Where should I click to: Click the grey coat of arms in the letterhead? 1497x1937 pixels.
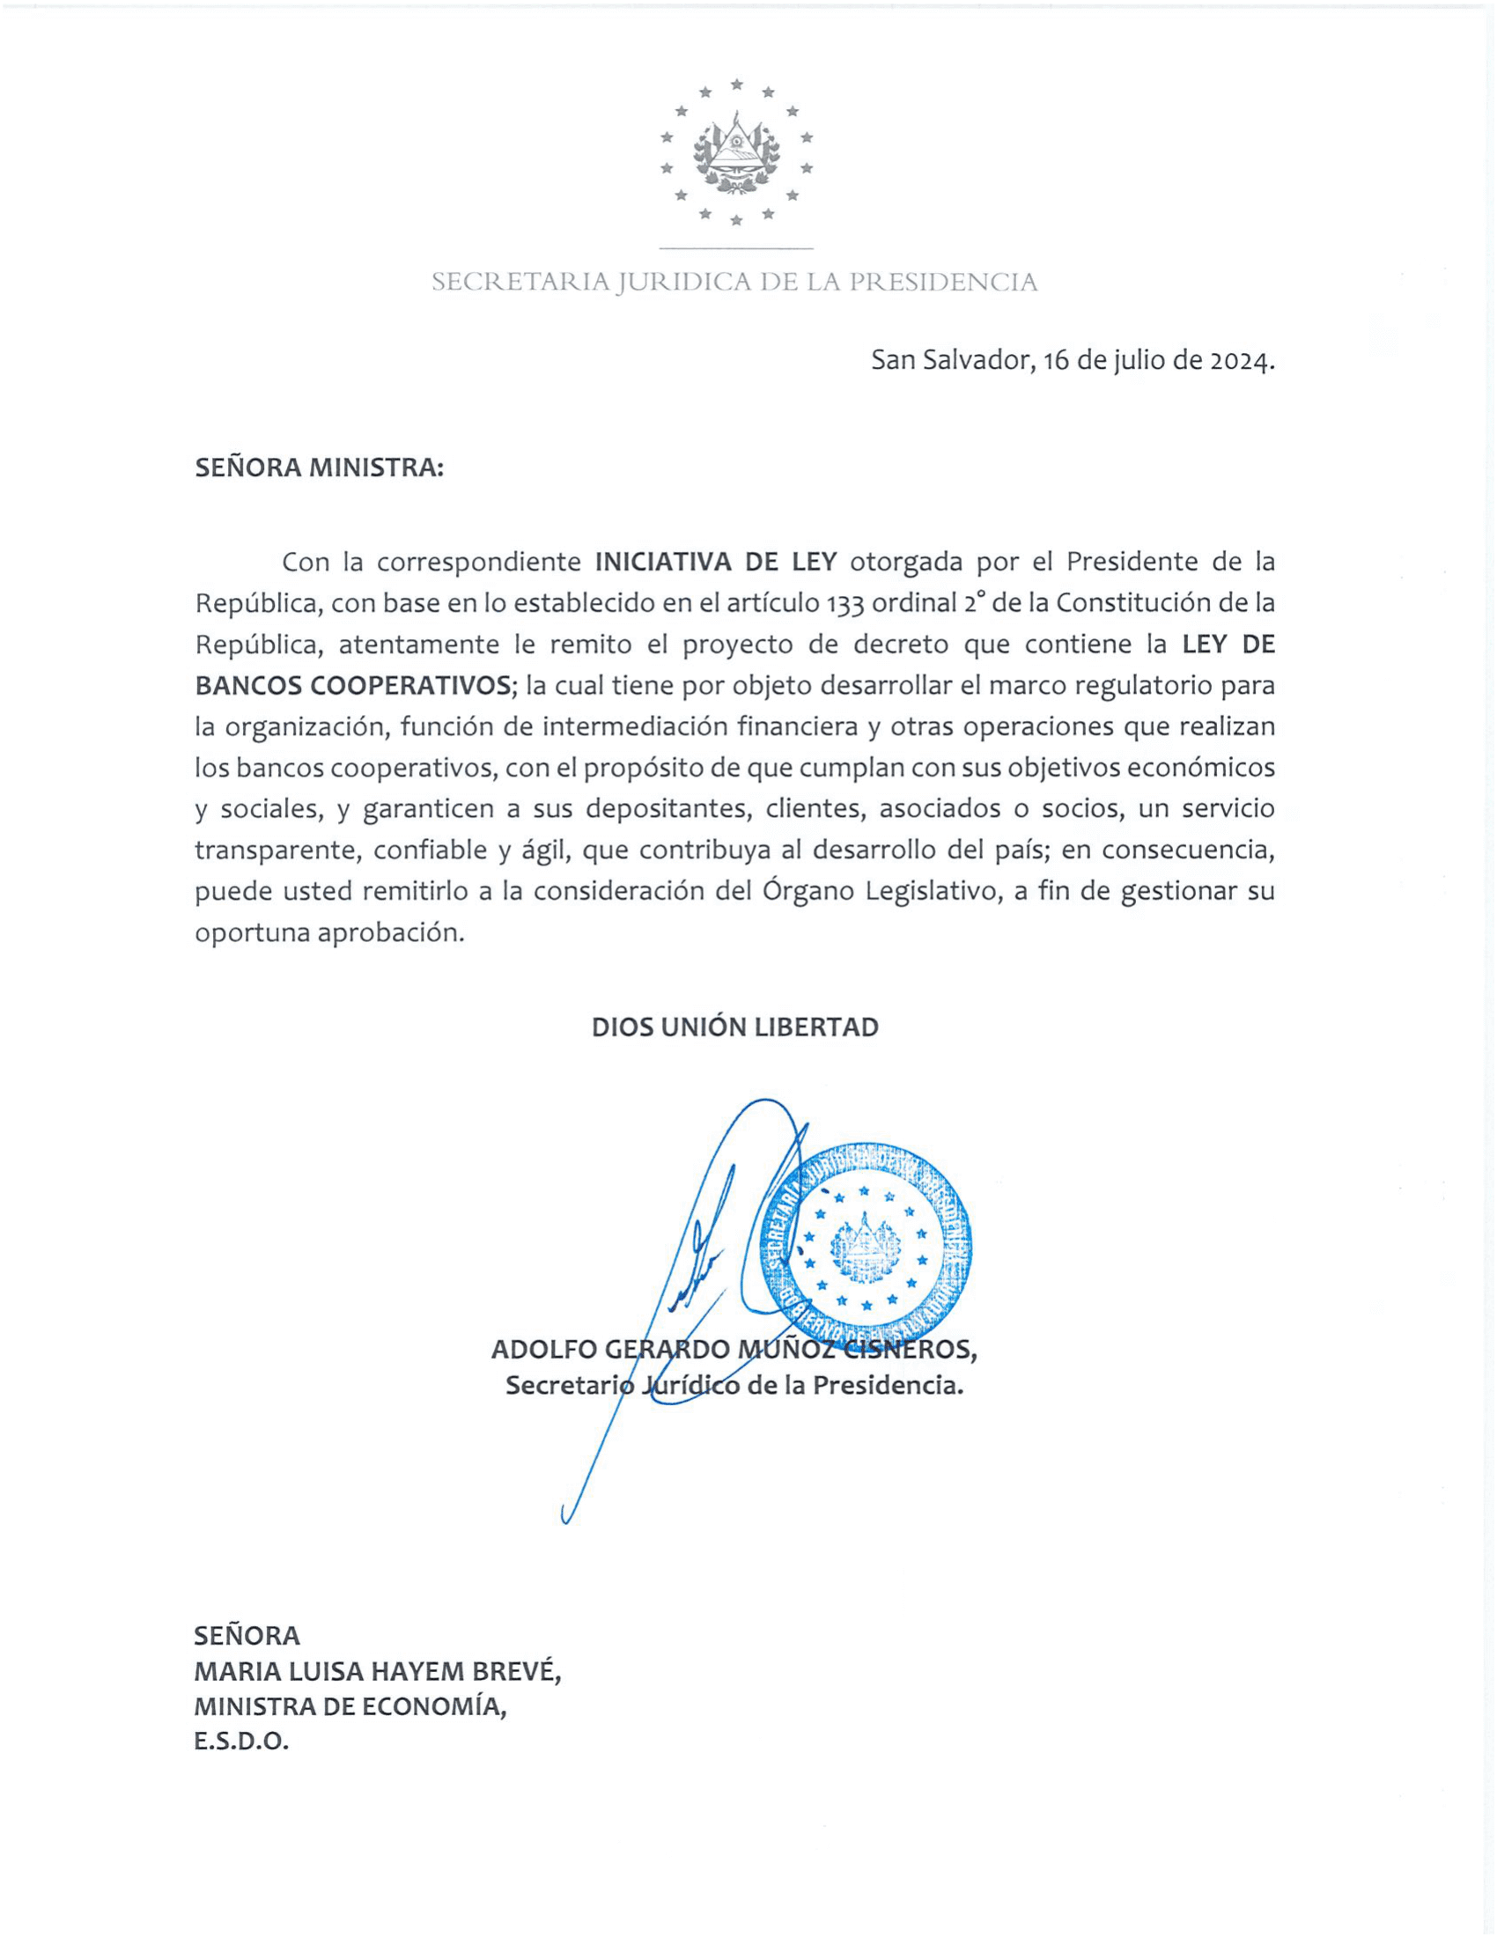coord(736,151)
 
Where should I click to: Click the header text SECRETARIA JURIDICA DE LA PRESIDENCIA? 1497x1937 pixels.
coord(734,282)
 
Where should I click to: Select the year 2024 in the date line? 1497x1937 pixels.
coord(1242,360)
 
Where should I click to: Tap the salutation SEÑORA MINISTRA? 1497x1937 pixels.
coord(320,468)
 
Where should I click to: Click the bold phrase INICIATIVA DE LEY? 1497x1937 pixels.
coord(716,562)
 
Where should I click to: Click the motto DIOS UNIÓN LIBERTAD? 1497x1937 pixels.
coord(735,1027)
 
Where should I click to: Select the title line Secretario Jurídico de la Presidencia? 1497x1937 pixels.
coord(734,1385)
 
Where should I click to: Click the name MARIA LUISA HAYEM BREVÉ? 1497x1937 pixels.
coord(378,1672)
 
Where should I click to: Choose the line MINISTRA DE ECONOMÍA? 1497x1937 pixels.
coord(351,1707)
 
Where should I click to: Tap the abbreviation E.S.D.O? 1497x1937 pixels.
coord(242,1742)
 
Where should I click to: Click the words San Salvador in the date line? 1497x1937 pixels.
coord(952,360)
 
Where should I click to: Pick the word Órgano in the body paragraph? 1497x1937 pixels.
coord(807,890)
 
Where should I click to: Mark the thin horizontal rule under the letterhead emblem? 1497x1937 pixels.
coord(736,248)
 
